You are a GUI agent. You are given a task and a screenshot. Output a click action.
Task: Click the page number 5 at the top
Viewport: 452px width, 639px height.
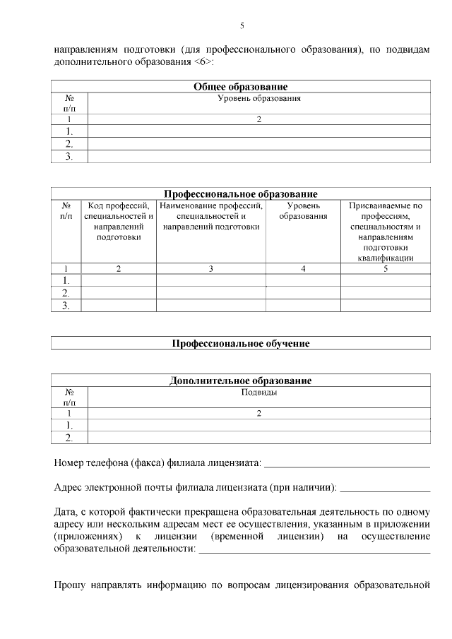242,25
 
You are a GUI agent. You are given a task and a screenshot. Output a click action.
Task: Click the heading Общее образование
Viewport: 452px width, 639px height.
241,87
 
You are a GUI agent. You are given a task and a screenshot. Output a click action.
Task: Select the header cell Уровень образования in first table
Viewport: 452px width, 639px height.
258,99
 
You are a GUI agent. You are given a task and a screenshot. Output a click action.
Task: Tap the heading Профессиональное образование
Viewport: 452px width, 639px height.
241,194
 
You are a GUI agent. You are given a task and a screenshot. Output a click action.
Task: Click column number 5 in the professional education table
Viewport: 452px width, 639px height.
386,268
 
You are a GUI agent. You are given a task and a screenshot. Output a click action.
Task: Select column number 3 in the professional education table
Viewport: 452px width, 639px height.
211,268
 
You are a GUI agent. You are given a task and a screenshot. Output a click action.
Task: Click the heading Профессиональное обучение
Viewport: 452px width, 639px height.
241,343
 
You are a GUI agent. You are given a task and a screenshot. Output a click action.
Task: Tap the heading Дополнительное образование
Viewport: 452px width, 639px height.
241,381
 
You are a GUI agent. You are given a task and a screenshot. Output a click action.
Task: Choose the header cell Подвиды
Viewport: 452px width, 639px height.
258,392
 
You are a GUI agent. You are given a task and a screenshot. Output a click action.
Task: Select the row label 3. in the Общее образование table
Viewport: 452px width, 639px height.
69,157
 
